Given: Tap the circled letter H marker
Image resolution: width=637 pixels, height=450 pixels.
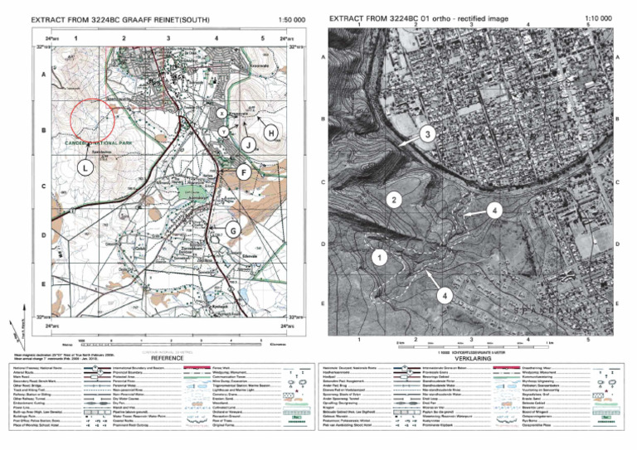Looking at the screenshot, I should [270, 133].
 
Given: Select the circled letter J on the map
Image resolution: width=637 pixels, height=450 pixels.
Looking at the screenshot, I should [247, 145].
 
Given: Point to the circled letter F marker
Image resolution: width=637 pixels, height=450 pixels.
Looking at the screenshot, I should [243, 172].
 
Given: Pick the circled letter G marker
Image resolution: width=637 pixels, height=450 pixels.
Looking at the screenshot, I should [233, 229].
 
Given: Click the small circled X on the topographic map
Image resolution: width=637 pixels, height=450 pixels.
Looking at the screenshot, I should [221, 112].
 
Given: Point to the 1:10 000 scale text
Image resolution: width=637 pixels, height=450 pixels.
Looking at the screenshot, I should [600, 17].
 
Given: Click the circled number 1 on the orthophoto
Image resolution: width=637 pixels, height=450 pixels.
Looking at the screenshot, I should [379, 258].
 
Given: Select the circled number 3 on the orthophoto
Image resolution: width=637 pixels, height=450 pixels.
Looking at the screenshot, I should [426, 133].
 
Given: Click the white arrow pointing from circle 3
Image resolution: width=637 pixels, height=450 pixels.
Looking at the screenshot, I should [406, 143].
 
